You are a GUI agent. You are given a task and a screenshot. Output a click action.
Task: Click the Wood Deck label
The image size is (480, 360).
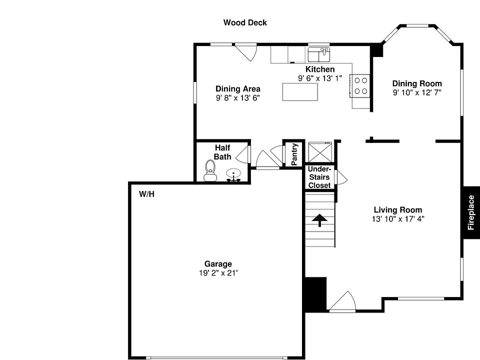click(x=245, y=22)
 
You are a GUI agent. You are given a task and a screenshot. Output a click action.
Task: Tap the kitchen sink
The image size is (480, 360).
click(x=319, y=53)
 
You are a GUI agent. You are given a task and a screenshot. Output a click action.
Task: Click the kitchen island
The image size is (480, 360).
click(x=300, y=92)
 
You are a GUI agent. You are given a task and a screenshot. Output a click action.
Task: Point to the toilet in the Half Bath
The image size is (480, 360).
click(x=210, y=170)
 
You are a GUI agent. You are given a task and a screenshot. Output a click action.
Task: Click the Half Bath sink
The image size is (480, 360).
click(x=233, y=174)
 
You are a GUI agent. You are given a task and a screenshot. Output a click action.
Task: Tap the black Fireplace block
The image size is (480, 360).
click(x=471, y=212)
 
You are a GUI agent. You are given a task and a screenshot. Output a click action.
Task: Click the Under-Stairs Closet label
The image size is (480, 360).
click(x=319, y=177)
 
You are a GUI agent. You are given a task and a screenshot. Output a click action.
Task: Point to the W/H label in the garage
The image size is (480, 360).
click(x=146, y=194)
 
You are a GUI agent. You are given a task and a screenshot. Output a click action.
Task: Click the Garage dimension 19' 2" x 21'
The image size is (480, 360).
click(x=218, y=273)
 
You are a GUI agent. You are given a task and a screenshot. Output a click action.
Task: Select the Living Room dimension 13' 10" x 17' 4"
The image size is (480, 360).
click(x=398, y=219)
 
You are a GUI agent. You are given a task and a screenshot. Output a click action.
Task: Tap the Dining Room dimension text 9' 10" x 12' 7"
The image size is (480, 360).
click(x=417, y=92)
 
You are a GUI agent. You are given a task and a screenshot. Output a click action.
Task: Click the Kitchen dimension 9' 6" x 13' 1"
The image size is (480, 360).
click(x=320, y=78)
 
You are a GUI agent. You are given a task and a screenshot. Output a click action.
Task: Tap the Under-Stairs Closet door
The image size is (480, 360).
click(x=341, y=178)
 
